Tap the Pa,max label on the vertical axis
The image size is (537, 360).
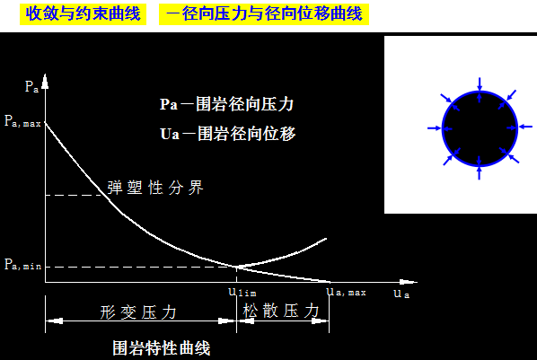(x=23, y=119)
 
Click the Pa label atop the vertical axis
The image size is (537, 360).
(x=31, y=87)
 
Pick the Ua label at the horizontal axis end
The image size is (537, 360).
(x=401, y=294)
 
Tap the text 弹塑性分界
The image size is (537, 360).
(x=155, y=188)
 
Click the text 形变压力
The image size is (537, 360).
(x=138, y=312)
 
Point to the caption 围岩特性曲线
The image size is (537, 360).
(x=161, y=346)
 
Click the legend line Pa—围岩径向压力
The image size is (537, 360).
(x=226, y=104)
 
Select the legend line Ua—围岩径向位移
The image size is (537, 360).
(x=226, y=134)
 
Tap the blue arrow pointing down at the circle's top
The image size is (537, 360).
(x=479, y=84)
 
